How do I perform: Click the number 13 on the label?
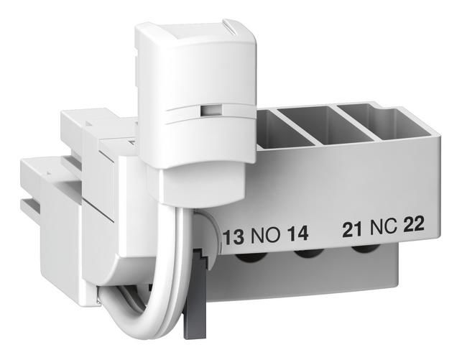pos(234,237)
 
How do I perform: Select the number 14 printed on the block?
pos(297,234)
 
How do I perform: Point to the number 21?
pos(352,230)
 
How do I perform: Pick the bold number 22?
pos(414,224)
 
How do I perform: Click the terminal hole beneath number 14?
pos(309,254)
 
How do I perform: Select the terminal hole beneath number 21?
pos(365,250)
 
